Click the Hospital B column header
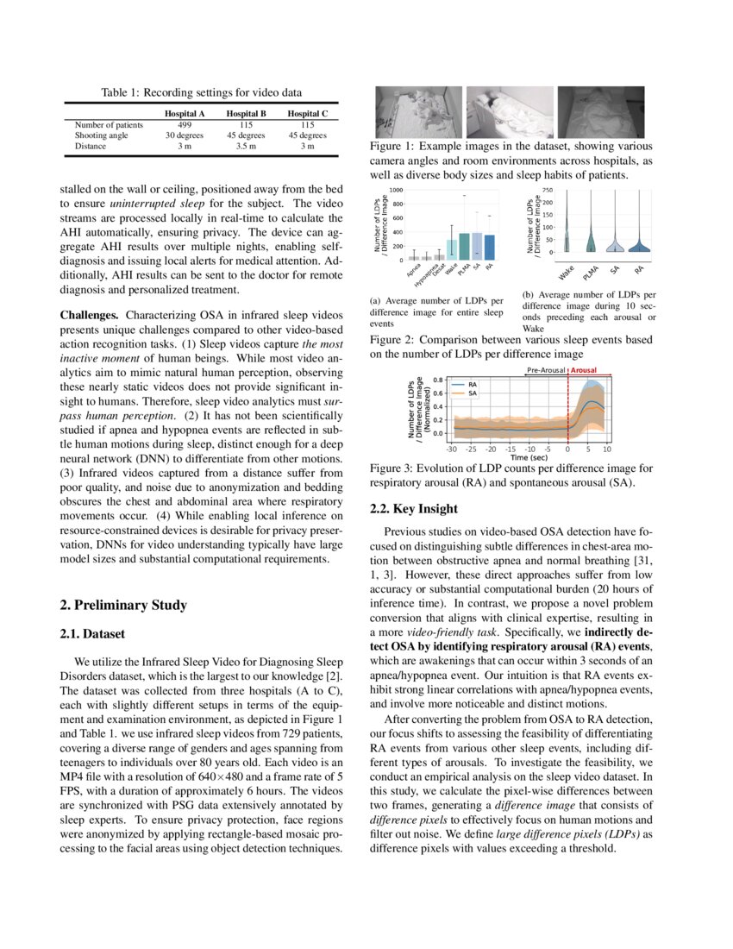[246, 113]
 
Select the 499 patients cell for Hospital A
[184, 124]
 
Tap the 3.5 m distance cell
[246, 146]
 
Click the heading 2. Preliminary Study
[123, 605]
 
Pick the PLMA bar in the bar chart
[465, 246]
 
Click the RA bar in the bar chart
[490, 247]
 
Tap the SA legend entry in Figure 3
[472, 393]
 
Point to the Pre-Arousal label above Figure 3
[546, 370]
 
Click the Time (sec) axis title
[529, 458]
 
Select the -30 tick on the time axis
[451, 449]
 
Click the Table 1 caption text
[201, 92]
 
